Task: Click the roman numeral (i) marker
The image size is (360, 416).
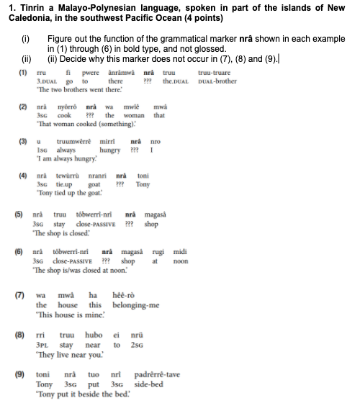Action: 26,37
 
